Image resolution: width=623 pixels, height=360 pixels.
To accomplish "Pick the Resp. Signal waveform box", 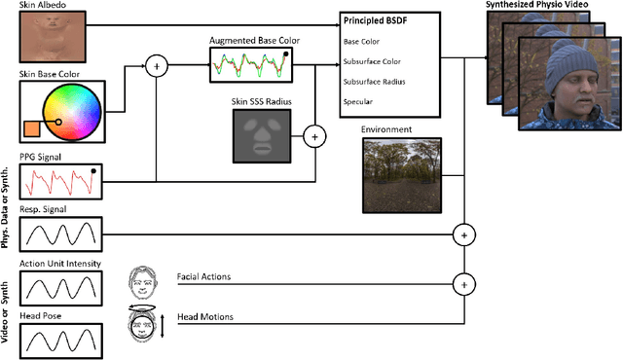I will tap(60, 234).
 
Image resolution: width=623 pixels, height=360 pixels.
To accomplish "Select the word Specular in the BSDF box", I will tap(358, 99).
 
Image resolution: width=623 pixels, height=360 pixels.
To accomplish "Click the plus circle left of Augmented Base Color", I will tap(156, 67).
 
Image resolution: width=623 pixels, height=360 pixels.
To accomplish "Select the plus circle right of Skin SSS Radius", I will tap(313, 137).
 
